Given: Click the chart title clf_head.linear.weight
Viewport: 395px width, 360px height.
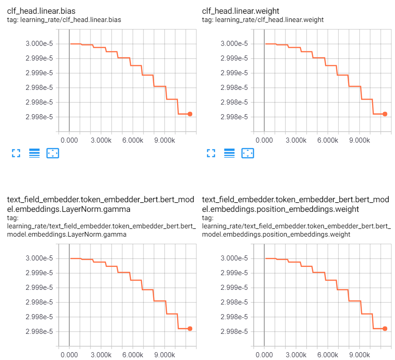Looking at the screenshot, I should click(x=241, y=11).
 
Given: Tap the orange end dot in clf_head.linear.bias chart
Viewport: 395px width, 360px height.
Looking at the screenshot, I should click(x=190, y=114).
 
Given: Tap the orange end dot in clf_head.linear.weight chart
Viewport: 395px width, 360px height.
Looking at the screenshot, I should click(x=385, y=114).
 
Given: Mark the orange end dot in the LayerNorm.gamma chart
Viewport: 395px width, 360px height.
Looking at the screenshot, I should click(x=190, y=328).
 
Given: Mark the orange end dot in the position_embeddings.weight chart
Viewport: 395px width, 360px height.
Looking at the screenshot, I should click(x=385, y=328).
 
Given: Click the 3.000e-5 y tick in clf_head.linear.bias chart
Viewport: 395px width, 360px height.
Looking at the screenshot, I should click(x=40, y=44).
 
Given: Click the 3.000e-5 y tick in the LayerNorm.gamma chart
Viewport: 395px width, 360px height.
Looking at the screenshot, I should click(x=40, y=258).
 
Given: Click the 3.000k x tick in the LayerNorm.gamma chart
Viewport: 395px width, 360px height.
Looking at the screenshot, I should click(x=101, y=354).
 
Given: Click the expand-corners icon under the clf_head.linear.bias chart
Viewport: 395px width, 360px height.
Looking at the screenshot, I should click(x=16, y=153).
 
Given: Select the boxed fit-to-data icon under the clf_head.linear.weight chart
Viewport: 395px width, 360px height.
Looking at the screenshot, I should click(x=248, y=153).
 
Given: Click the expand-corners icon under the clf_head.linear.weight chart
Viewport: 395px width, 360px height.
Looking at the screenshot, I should click(x=211, y=153).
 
